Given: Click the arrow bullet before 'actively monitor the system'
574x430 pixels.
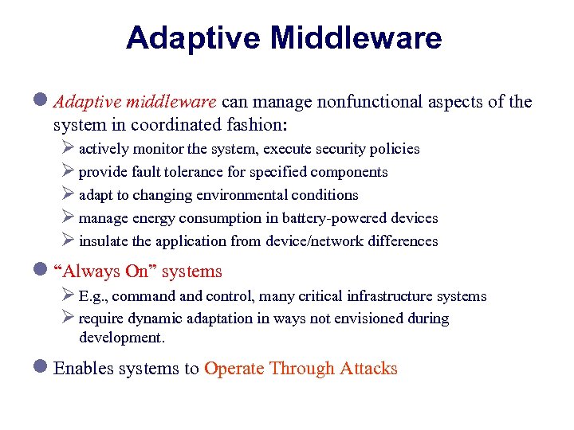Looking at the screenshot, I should [x=67, y=149].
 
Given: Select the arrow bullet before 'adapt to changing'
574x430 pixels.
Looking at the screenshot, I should [x=67, y=195].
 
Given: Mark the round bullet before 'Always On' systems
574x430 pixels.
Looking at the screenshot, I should [x=42, y=272].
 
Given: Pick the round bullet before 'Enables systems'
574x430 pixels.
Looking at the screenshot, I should [x=42, y=368].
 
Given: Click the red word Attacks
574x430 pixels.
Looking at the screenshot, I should [x=368, y=368].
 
